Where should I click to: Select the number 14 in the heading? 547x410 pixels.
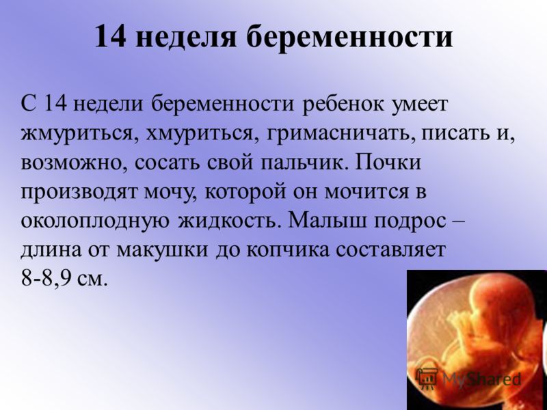point(109,36)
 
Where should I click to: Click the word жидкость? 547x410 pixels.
point(230,220)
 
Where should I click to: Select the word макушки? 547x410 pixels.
point(163,250)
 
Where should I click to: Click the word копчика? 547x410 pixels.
point(288,250)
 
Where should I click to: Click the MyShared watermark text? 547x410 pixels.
point(482,378)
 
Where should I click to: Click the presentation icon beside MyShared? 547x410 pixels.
point(428,379)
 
